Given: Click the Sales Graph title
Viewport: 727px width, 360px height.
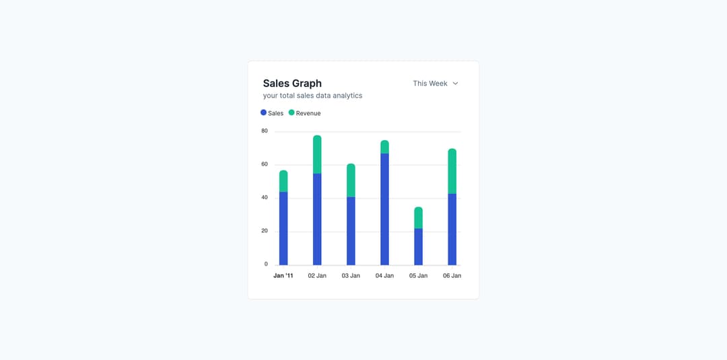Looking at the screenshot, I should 292,83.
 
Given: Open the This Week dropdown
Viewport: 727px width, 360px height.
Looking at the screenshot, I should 436,83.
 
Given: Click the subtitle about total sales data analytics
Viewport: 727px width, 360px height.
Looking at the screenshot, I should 312,96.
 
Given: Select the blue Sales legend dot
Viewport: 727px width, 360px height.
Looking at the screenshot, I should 263,113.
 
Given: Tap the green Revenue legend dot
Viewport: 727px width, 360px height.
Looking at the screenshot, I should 291,113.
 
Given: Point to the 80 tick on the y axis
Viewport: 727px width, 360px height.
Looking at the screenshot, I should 265,131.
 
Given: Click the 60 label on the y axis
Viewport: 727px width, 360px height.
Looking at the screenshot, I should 265,164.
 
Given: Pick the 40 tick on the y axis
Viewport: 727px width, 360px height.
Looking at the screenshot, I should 265,197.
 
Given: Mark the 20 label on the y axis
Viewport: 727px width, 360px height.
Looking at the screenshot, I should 265,231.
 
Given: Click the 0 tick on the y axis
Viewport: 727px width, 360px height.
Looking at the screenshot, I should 266,264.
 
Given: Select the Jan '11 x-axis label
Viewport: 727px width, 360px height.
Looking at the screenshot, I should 283,276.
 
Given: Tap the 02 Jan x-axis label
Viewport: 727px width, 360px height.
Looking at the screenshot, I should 317,276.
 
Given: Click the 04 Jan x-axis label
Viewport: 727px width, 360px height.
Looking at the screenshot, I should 384,276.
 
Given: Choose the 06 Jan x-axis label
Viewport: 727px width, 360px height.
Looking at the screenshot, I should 452,276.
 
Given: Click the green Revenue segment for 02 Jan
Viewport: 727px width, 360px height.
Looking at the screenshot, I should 317,155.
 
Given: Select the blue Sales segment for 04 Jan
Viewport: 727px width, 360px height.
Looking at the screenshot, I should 384,209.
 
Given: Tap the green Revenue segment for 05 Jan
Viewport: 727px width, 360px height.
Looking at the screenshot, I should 418,218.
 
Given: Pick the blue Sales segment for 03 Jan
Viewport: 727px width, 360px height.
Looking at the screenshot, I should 351,231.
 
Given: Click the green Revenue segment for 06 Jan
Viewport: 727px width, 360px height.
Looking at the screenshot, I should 452,172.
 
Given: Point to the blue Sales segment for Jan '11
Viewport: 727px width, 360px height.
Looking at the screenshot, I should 283,228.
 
